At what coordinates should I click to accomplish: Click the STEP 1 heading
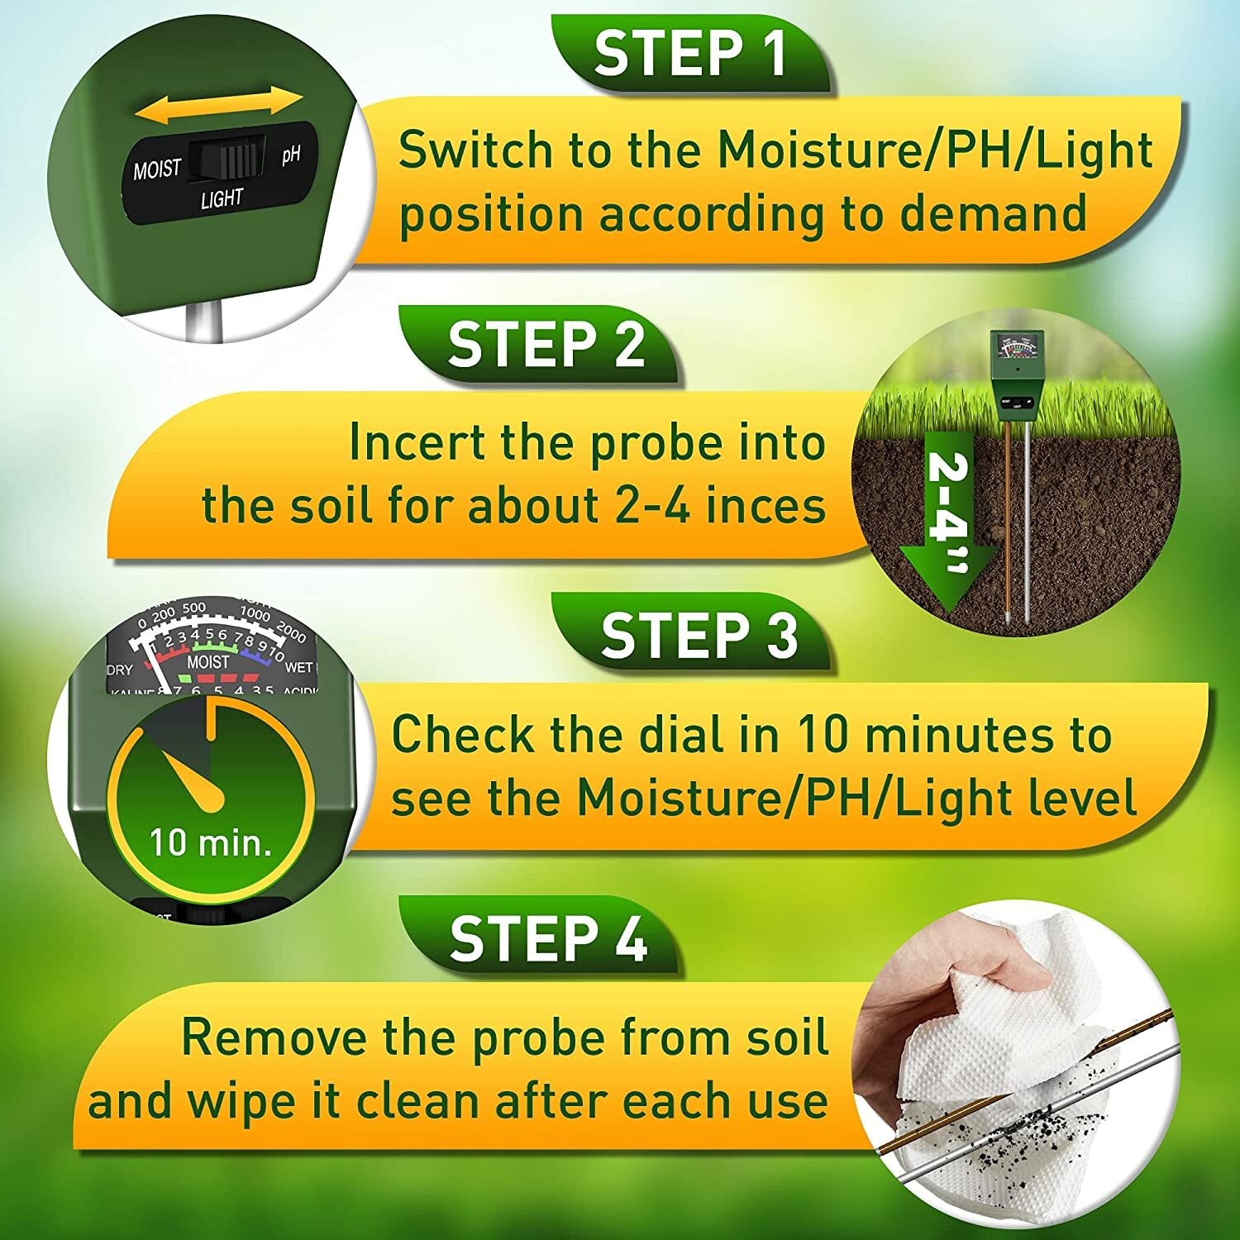(x=689, y=54)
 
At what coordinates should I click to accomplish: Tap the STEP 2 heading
(x=546, y=345)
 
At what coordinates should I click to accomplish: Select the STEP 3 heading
(x=699, y=636)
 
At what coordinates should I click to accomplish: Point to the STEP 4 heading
(x=548, y=939)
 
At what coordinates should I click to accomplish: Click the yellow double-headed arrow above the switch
(x=219, y=106)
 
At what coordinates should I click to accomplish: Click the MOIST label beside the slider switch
(x=157, y=169)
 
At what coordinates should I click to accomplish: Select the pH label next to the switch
(x=290, y=155)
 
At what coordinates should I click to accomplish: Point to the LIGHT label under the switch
(x=222, y=199)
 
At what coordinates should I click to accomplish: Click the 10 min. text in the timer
(x=210, y=842)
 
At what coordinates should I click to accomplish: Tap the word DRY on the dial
(x=121, y=669)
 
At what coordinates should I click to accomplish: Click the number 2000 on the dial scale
(x=291, y=632)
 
